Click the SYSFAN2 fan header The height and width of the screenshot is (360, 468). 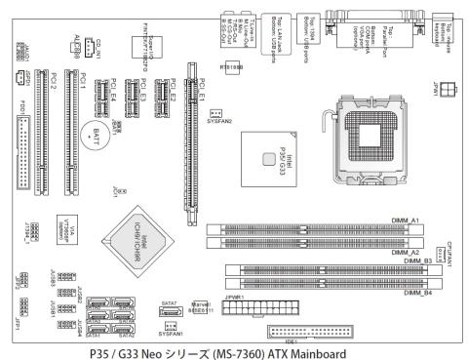pyautogui.click(x=217, y=112)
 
